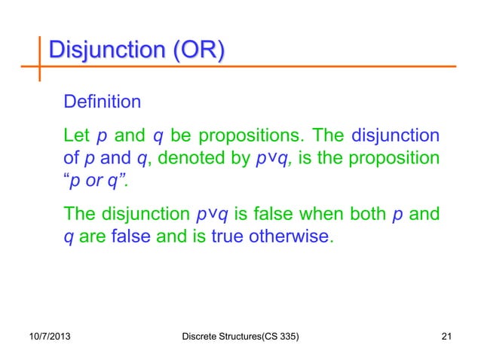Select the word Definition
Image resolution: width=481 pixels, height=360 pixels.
pyautogui.click(x=102, y=101)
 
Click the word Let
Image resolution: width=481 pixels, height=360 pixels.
pyautogui.click(x=78, y=137)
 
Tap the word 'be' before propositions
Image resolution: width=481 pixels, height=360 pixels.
pyautogui.click(x=180, y=137)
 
